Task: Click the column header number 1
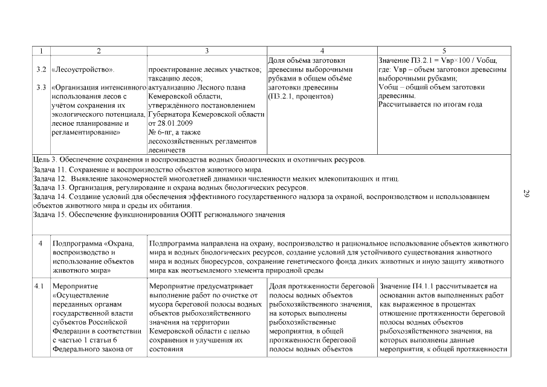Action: click(40, 51)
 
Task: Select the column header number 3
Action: click(207, 51)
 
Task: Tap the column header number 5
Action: click(444, 51)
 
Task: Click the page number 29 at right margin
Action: click(526, 193)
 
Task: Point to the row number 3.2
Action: click(41, 70)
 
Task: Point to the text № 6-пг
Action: click(160, 132)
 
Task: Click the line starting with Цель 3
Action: click(199, 160)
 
